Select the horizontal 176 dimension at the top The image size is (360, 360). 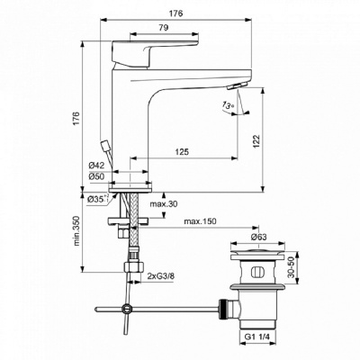click(x=175, y=13)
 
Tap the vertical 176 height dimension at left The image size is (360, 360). click(x=76, y=117)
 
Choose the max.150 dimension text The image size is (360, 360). click(x=202, y=221)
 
